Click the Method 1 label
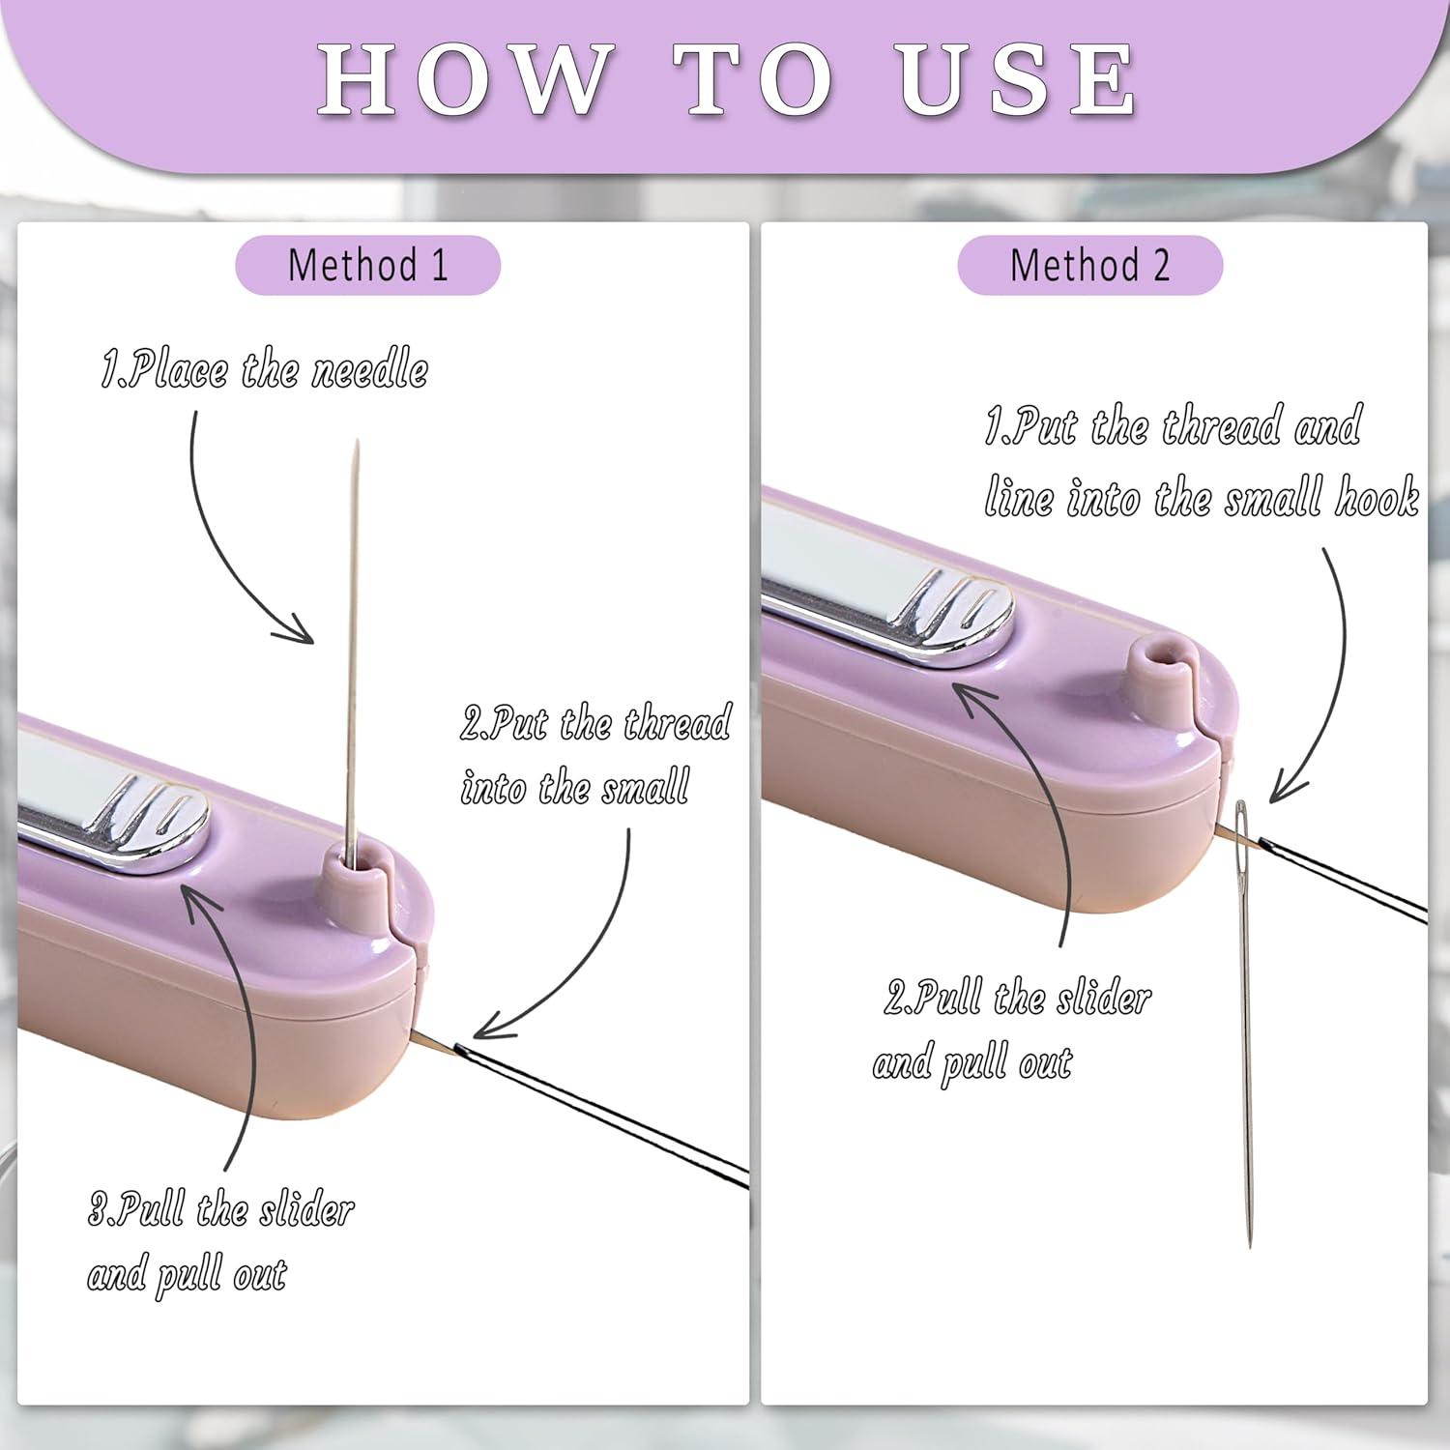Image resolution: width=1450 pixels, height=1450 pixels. [368, 265]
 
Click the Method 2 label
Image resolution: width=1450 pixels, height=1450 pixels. [1090, 265]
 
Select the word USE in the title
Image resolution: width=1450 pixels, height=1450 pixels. [1018, 78]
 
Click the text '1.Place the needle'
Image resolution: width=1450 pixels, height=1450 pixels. [265, 370]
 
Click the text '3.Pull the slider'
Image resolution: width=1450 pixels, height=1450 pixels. [221, 1210]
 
